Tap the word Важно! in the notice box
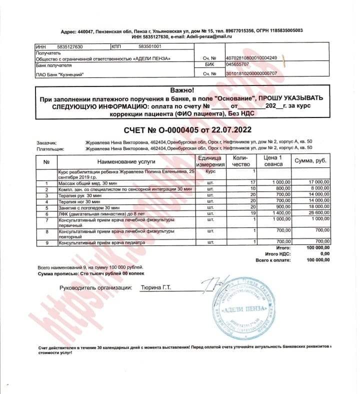(x=181, y=90)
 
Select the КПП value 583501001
(x=149, y=46)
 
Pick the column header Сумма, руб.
(x=310, y=161)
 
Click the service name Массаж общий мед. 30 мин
(x=87, y=183)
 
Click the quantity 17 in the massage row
(x=252, y=183)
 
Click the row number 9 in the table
(x=46, y=242)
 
